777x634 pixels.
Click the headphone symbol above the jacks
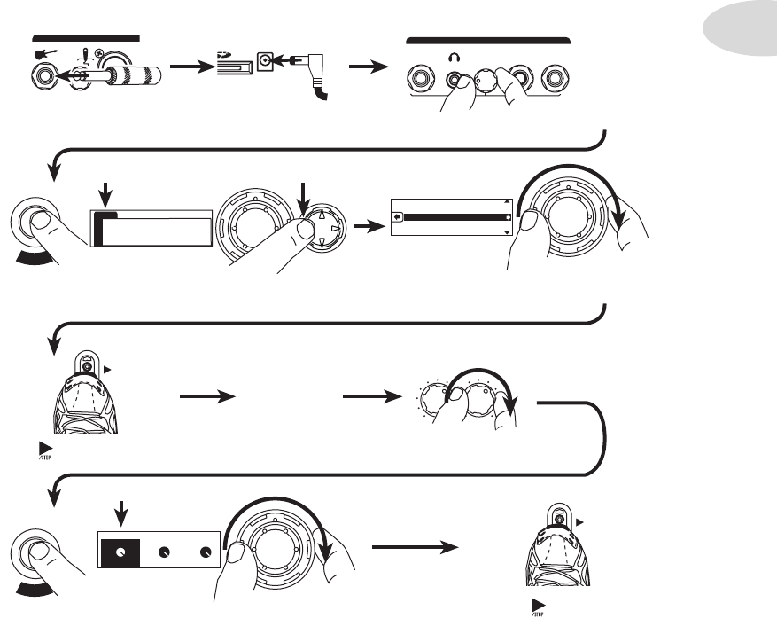coord(455,56)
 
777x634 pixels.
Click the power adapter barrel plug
coord(312,63)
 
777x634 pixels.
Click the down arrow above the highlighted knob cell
coord(122,513)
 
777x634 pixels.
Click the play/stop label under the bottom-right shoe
coord(537,609)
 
